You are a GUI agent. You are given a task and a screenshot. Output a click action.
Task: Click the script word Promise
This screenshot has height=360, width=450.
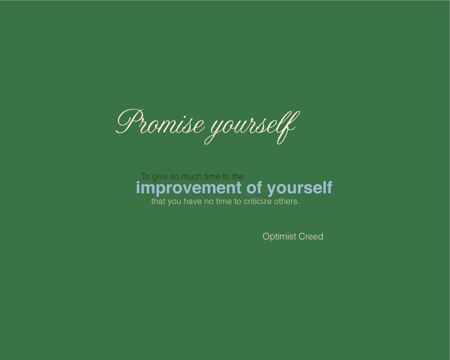coord(160,122)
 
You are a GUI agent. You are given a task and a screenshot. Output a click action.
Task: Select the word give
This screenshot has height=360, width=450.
coord(160,177)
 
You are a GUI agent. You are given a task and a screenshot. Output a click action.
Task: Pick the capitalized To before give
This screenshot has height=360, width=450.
coord(146,176)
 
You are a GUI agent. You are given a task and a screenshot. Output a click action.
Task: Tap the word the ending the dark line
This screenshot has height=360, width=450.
coord(238,176)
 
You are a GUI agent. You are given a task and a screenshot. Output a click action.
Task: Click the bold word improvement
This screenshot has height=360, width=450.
coord(189,188)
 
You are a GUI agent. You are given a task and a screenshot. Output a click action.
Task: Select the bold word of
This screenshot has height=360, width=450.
coord(254,187)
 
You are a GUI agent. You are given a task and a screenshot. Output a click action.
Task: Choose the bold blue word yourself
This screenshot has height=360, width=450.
coord(300,188)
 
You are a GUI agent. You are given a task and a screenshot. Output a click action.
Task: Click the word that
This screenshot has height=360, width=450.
coord(158,201)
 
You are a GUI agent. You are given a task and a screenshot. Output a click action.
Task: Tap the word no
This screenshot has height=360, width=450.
coord(209,202)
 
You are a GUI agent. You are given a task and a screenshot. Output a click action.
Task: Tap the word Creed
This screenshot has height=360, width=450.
coord(311,237)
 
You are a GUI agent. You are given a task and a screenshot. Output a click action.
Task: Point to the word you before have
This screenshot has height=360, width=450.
coord(174,202)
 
